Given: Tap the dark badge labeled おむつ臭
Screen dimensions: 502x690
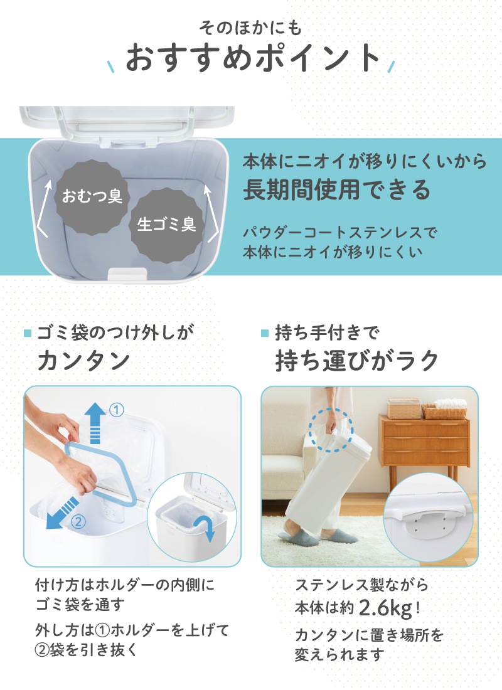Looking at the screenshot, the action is [92, 196].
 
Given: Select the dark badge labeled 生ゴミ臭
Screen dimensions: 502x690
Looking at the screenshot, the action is [167, 225].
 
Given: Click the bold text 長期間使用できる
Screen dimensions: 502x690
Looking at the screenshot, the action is [336, 189].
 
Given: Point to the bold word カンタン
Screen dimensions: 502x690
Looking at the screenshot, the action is [83, 361].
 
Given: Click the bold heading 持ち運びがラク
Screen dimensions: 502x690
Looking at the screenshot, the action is [356, 361].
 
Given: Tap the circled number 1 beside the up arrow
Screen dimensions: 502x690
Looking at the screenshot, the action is [116, 410].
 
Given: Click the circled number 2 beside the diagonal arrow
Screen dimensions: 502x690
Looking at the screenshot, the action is [78, 522].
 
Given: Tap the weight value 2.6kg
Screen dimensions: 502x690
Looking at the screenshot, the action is [386, 608].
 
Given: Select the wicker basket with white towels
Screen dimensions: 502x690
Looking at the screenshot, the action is [445, 409].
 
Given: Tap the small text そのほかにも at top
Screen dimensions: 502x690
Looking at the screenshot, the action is [250, 28].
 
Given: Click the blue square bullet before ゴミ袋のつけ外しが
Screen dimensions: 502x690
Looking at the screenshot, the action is [28, 333].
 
